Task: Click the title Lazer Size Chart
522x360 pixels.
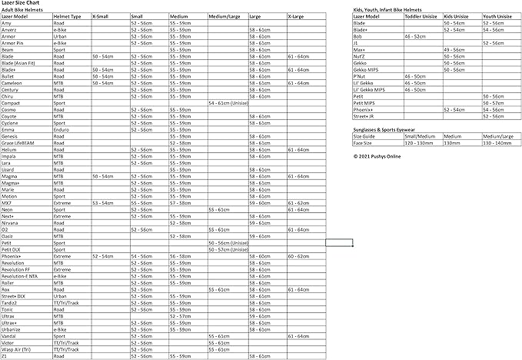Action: click(x=19, y=4)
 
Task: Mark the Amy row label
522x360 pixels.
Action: click(x=6, y=23)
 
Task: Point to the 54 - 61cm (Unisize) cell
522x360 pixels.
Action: click(x=228, y=102)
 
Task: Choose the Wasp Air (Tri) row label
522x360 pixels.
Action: click(x=16, y=350)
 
